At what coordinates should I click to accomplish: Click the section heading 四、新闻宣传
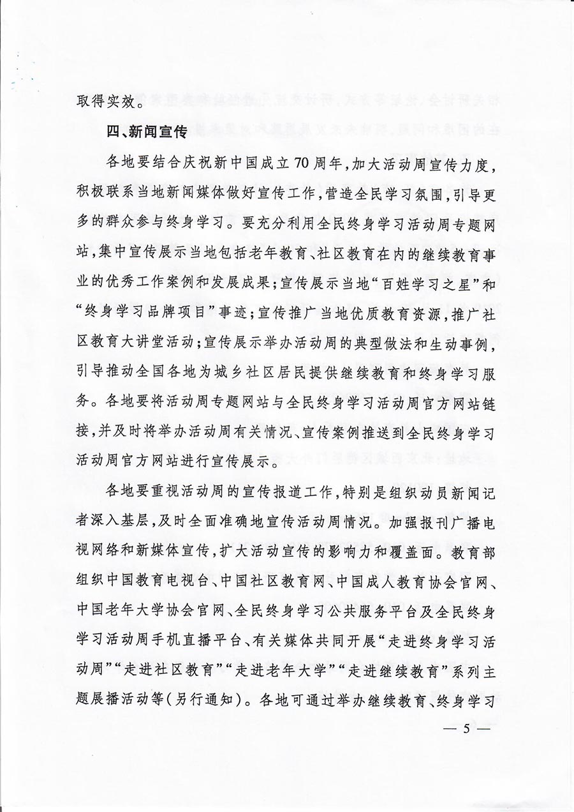(146, 133)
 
